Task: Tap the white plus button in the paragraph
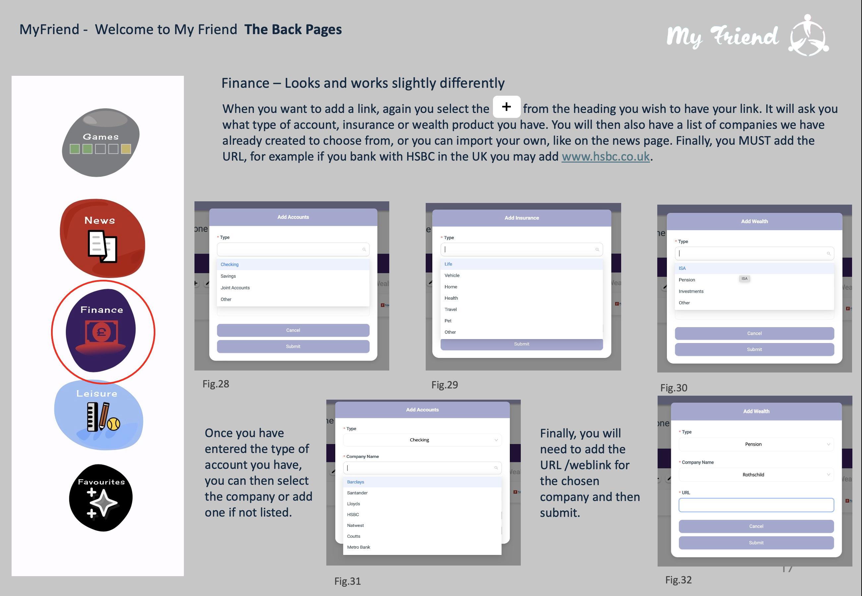point(507,107)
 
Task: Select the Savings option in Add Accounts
point(228,276)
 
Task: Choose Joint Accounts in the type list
point(235,287)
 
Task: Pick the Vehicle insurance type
point(452,275)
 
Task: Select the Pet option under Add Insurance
point(448,321)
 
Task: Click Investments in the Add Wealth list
point(691,291)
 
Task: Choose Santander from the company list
point(357,493)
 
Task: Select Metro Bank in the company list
point(358,547)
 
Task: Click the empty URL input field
point(756,505)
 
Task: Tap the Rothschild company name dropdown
point(756,474)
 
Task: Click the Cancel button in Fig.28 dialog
point(293,330)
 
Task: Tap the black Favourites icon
point(101,498)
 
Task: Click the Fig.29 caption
point(445,385)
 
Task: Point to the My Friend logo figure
point(809,35)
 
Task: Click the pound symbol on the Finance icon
point(101,332)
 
